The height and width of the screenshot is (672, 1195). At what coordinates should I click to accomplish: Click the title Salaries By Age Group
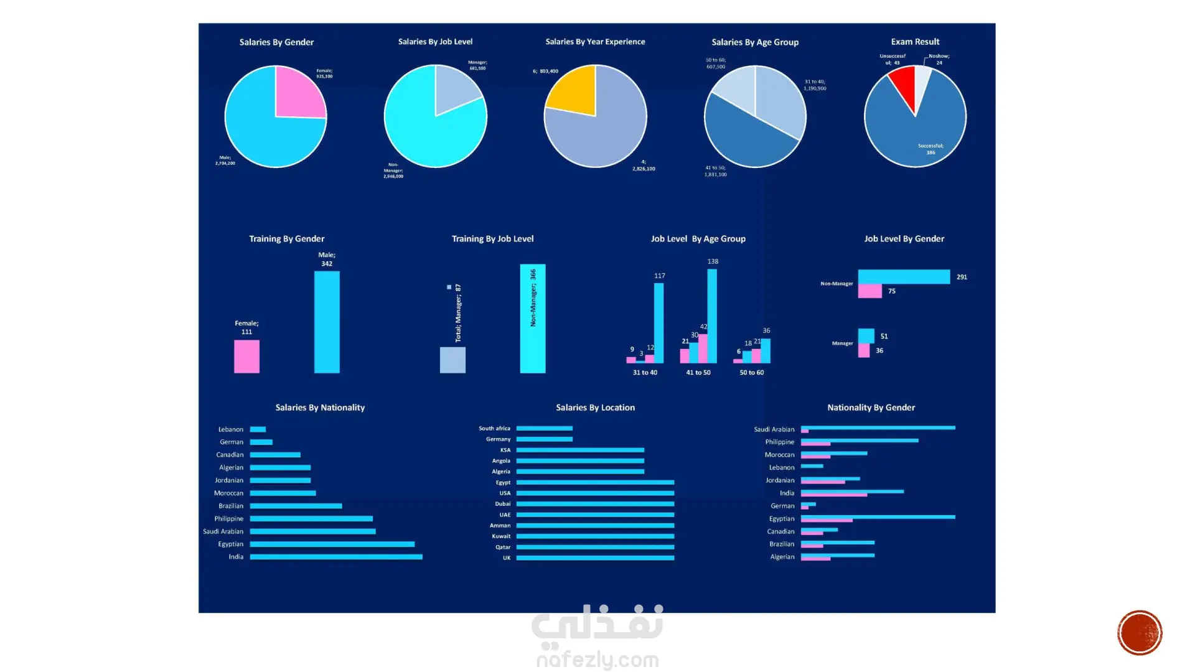[755, 42]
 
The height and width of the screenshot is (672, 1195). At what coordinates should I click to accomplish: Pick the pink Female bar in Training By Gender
[246, 357]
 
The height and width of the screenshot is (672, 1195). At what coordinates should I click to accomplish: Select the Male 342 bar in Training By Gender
[327, 322]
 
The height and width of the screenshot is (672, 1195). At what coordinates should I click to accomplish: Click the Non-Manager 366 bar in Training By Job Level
[533, 319]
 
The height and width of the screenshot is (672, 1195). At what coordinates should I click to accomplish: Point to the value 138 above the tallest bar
[713, 261]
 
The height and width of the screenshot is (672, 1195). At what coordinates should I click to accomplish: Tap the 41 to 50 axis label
[698, 373]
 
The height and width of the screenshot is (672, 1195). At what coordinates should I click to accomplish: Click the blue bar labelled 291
[904, 277]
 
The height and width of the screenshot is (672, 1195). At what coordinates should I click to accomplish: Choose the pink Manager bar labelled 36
[864, 351]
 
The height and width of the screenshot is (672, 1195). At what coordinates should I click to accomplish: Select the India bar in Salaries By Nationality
[336, 557]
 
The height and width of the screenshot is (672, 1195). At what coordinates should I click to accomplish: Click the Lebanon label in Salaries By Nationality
[231, 429]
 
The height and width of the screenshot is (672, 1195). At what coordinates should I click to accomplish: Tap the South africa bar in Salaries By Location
[545, 428]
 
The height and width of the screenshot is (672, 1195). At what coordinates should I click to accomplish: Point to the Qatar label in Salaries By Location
[503, 548]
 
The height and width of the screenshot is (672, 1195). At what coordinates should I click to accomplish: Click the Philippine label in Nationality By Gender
[780, 442]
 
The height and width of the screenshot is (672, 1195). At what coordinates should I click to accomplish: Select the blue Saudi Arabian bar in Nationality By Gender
[878, 427]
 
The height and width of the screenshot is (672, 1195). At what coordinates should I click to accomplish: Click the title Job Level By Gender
[904, 239]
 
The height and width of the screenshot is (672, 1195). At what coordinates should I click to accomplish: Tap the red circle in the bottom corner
[1140, 633]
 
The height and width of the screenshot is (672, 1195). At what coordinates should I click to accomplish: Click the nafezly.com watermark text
[597, 660]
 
